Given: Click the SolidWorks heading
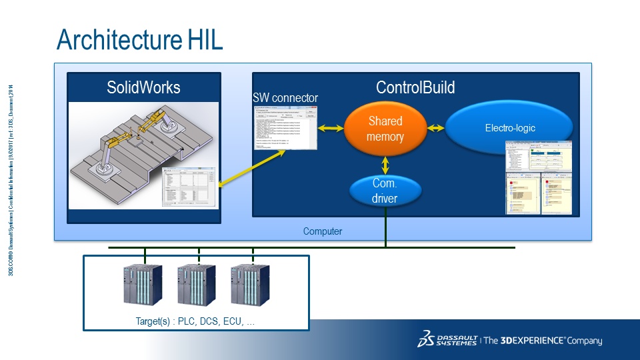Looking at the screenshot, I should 143,87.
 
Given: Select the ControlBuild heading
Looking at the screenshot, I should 415,87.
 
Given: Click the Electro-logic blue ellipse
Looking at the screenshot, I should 509,128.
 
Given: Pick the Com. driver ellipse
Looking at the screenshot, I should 385,191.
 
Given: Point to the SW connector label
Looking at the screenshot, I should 285,98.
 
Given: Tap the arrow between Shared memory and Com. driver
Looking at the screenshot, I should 385,165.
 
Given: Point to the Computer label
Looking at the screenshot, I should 323,231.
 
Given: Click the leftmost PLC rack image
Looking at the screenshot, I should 142,285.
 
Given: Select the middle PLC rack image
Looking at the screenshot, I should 196,285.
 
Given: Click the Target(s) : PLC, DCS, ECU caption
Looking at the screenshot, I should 195,321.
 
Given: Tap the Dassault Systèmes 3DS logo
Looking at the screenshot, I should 426,339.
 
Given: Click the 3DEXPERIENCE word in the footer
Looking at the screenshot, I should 530,341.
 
